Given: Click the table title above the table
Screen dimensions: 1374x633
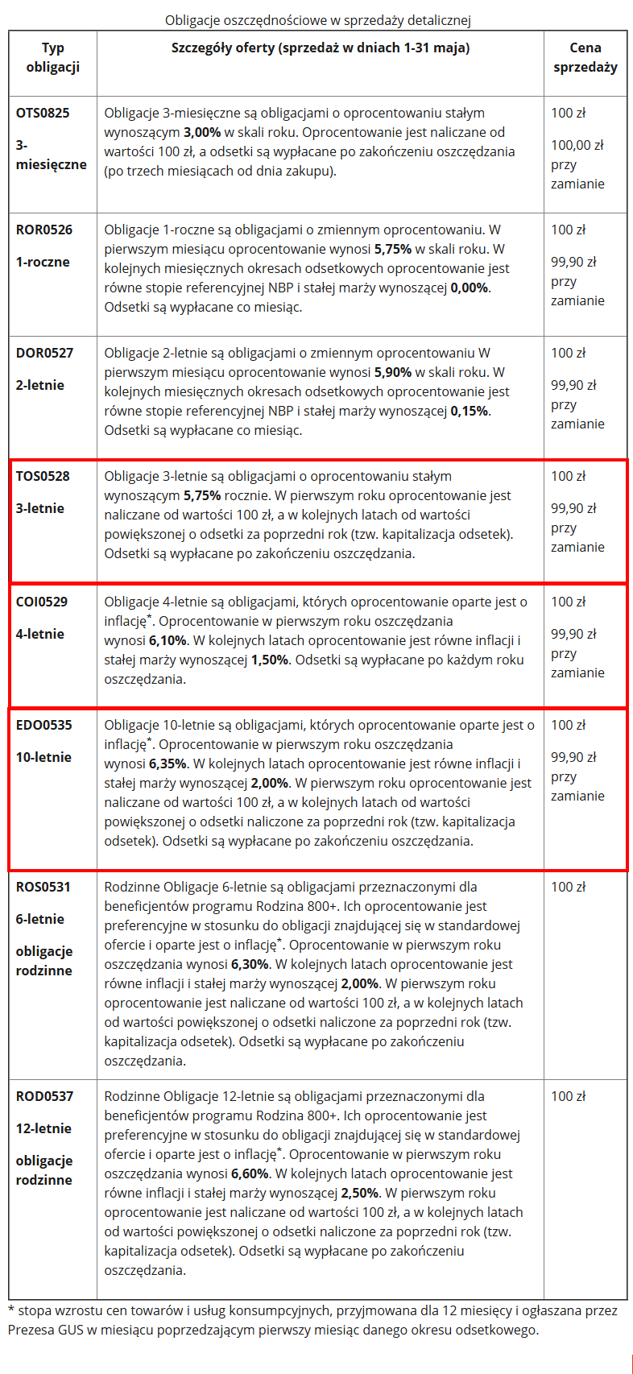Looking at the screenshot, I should point(317,20).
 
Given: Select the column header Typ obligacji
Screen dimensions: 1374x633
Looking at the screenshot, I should point(52,57).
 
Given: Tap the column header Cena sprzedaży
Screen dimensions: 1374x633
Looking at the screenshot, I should point(585,57).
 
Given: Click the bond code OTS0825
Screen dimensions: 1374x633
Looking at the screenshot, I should point(43,113).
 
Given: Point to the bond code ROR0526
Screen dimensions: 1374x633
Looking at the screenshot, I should point(43,230).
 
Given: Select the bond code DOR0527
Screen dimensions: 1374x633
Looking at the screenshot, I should point(44,353).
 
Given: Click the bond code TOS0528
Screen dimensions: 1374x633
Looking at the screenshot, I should point(43,476).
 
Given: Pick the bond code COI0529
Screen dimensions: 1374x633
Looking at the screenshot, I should point(42,602).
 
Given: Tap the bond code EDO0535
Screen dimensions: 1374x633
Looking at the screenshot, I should point(43,725).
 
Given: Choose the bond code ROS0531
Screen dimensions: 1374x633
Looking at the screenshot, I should point(43,887).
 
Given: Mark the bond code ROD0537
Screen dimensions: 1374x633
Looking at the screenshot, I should point(44,1096).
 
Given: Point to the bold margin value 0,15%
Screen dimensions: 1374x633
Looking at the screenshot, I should point(470,411).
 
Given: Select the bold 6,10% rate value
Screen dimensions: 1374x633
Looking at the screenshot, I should point(168,640).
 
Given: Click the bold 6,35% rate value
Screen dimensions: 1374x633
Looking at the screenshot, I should point(168,764).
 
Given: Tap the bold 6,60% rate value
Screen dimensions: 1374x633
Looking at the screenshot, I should point(250,1173).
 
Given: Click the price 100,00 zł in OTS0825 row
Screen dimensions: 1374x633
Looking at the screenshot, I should point(577,145).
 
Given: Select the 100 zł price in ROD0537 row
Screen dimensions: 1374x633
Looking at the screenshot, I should point(568,1096).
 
